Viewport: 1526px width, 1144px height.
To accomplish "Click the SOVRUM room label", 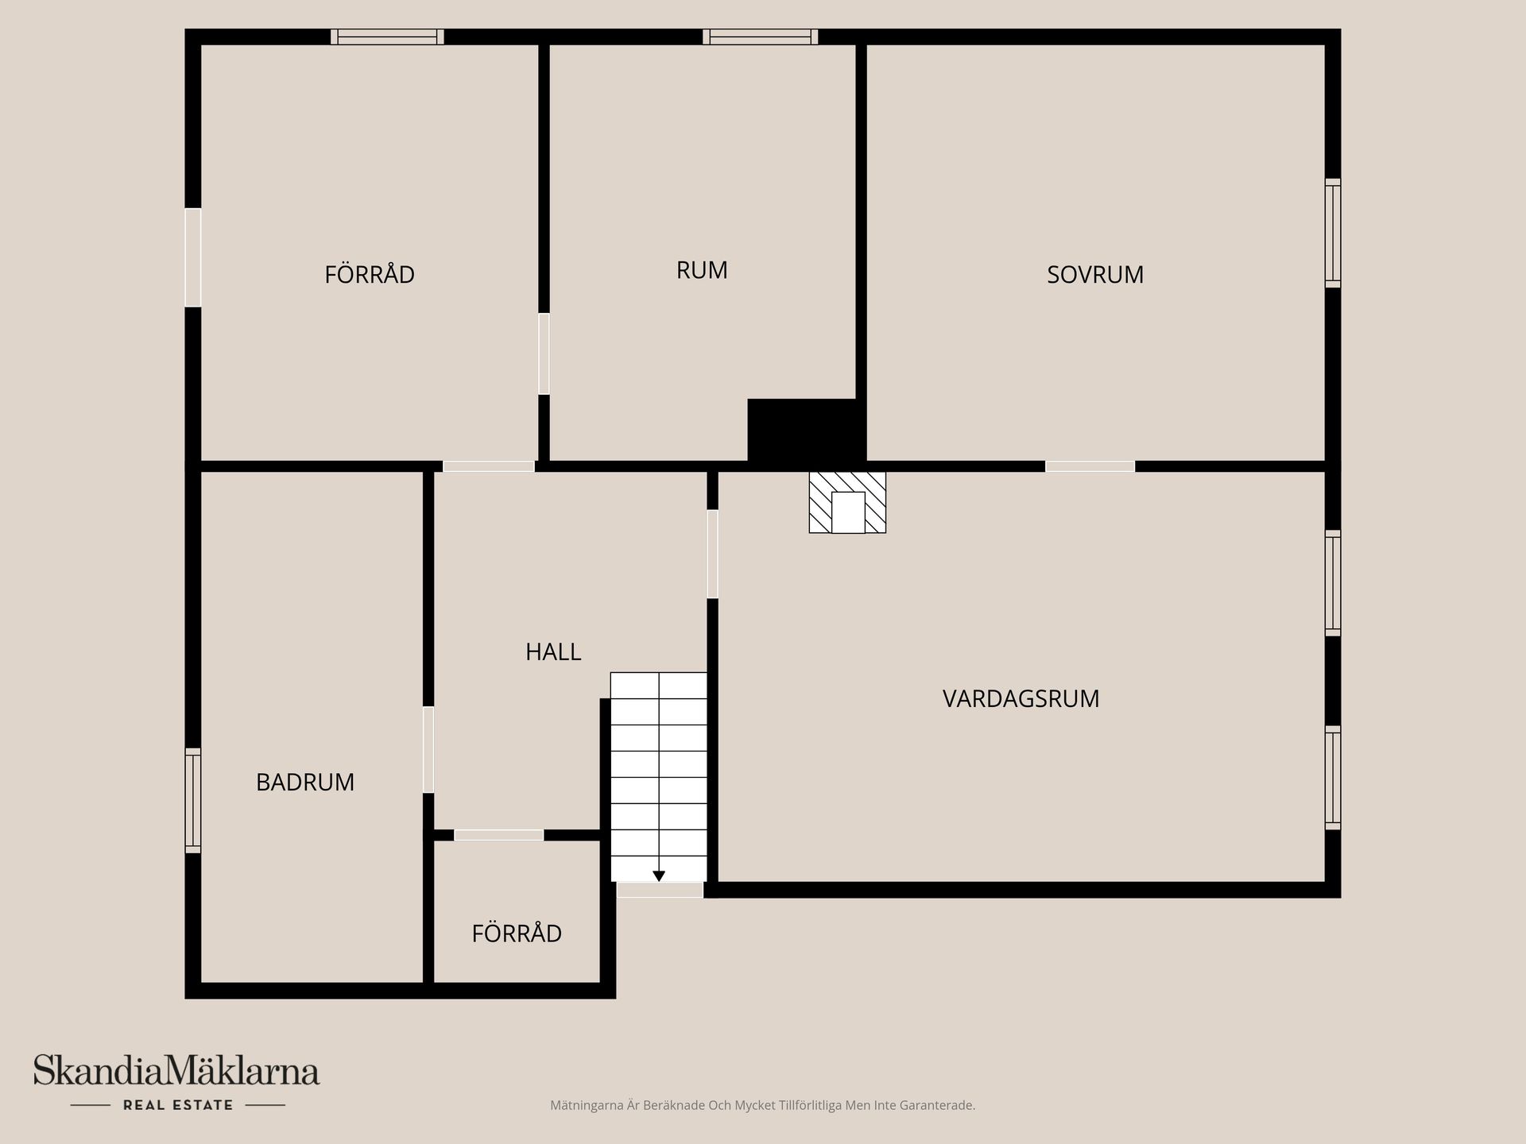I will pyautogui.click(x=1095, y=274).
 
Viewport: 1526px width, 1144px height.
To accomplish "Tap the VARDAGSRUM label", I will pyautogui.click(x=1021, y=698).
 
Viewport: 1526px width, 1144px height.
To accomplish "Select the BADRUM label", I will pyautogui.click(x=305, y=782).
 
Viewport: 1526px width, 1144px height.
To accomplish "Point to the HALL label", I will pyautogui.click(x=553, y=651).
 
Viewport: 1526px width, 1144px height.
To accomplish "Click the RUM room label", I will pyautogui.click(x=702, y=270).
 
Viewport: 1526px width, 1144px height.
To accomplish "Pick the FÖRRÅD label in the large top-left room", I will pyautogui.click(x=370, y=274).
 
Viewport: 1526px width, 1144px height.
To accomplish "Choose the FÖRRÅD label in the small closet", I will pyautogui.click(x=517, y=933).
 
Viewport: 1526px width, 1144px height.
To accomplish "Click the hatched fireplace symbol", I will pyautogui.click(x=847, y=502).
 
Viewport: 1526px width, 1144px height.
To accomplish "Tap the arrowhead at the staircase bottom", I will pyautogui.click(x=659, y=876).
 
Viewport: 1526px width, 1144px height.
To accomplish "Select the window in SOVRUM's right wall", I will pyautogui.click(x=1333, y=233).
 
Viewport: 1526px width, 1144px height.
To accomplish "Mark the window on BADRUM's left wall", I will pyautogui.click(x=193, y=801).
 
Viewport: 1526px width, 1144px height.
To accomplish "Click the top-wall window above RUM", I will pyautogui.click(x=761, y=37).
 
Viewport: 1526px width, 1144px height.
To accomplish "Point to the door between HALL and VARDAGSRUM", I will pyautogui.click(x=713, y=554).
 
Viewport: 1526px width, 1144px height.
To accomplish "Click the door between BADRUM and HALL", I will pyautogui.click(x=428, y=749).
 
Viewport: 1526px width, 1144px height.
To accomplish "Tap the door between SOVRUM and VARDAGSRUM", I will pyautogui.click(x=1090, y=466).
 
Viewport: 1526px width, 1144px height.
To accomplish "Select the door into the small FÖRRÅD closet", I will pyautogui.click(x=499, y=835).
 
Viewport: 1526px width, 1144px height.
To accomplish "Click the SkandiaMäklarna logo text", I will pyautogui.click(x=176, y=1071).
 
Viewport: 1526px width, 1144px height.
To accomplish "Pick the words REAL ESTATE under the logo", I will pyautogui.click(x=178, y=1105).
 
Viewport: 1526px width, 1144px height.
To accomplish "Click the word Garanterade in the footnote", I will pyautogui.click(x=941, y=1105).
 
